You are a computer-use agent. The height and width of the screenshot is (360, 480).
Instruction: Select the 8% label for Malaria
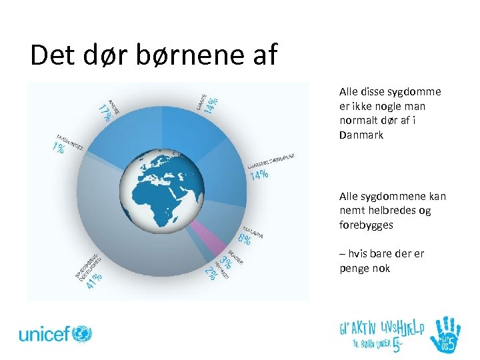[244, 237]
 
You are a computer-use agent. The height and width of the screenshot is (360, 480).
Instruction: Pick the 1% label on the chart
[58, 148]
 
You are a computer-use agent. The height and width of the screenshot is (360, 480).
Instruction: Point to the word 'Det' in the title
[53, 55]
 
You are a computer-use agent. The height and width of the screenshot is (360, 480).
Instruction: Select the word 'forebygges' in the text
[366, 225]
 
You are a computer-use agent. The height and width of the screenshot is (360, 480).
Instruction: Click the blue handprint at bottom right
[445, 333]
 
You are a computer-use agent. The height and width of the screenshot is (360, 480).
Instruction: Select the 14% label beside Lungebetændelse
[259, 175]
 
